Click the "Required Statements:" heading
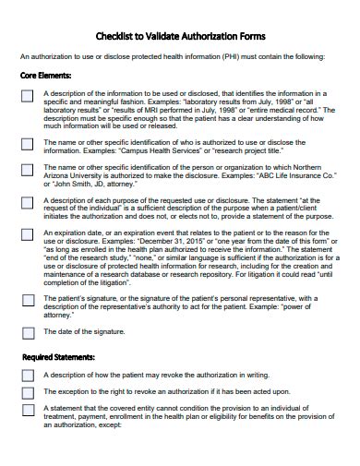pos(58,356)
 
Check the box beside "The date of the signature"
pos(28,333)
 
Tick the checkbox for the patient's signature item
pos(28,302)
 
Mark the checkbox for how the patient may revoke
pos(28,376)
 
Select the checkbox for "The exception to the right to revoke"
pos(28,393)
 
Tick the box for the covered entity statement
pos(28,410)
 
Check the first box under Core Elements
pos(28,96)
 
